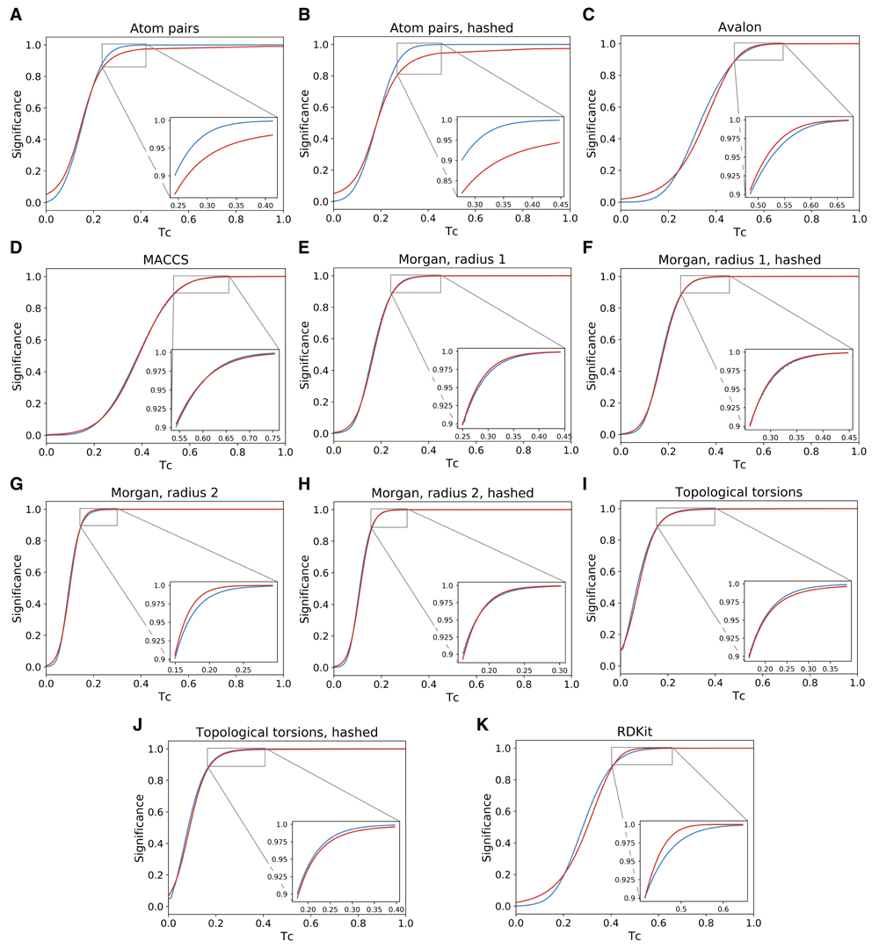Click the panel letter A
pyautogui.click(x=15, y=16)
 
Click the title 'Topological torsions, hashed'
pyautogui.click(x=287, y=733)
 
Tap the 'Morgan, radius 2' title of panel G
pyautogui.click(x=164, y=494)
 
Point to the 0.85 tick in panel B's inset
pyautogui.click(x=446, y=182)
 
